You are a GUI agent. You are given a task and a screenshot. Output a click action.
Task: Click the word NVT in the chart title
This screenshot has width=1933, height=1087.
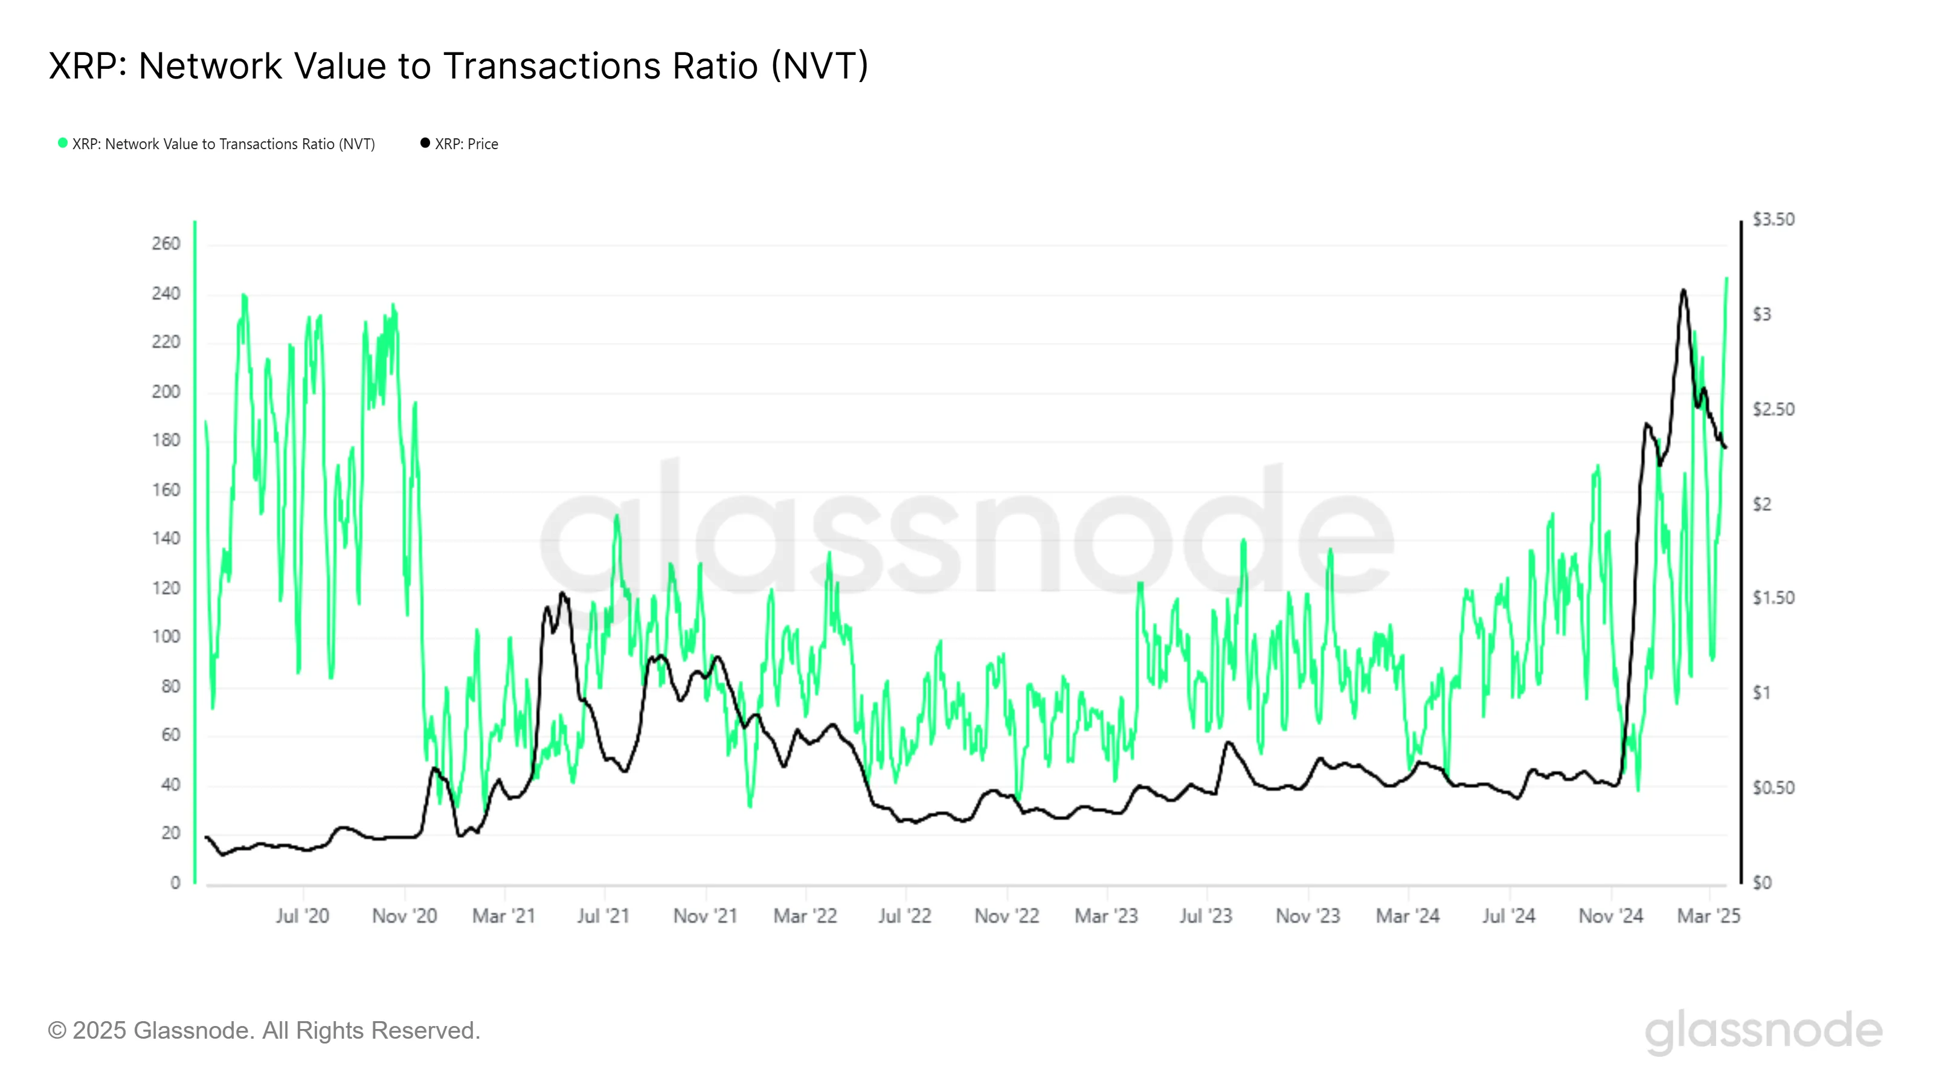pos(820,66)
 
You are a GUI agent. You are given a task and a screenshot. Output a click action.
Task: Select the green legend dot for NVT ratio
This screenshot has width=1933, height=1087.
pos(63,143)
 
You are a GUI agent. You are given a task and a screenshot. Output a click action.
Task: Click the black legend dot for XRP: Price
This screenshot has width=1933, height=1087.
pos(425,143)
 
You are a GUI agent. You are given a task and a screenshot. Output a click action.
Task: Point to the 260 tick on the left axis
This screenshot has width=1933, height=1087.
pos(166,244)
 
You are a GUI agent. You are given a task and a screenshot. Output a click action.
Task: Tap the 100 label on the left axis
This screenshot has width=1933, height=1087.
pos(166,637)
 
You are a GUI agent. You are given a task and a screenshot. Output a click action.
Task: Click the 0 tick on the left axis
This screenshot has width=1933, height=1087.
pos(175,883)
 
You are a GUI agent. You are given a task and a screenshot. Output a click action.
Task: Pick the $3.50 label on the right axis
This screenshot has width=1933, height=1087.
pos(1773,220)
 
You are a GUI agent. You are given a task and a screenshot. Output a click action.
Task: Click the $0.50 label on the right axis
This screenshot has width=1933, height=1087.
pos(1773,787)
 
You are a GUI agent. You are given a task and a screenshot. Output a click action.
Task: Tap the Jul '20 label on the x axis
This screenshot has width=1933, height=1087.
pos(303,916)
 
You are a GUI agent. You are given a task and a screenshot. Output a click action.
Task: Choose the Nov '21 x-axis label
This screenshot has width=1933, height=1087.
pos(706,916)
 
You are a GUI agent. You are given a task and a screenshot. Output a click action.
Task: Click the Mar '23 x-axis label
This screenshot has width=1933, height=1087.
pos(1106,916)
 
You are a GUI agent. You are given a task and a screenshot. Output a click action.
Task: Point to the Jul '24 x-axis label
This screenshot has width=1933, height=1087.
pos(1508,916)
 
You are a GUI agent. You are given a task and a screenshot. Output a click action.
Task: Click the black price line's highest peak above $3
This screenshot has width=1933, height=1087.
pos(1684,290)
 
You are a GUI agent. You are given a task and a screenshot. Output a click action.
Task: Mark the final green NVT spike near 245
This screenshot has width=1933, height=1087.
pos(1726,279)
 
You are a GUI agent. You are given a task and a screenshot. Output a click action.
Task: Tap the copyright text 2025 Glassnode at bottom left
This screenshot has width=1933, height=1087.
pos(264,1031)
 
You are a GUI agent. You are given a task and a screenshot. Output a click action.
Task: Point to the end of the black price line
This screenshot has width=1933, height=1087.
pos(1726,448)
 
